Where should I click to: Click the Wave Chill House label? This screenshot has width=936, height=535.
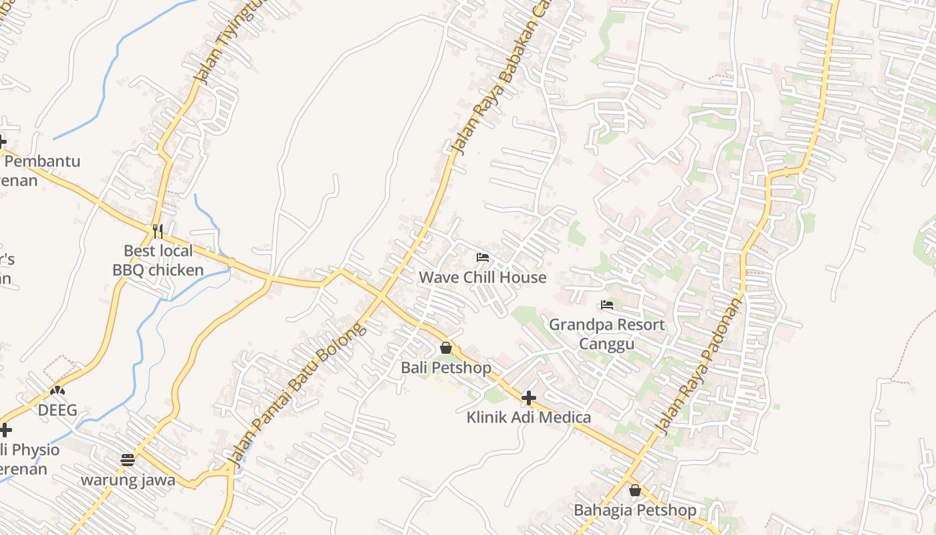(x=482, y=277)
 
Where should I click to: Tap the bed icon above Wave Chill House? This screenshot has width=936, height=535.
(x=482, y=257)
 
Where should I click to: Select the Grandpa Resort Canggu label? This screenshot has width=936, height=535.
(x=606, y=334)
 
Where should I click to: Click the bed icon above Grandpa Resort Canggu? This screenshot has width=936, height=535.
(x=606, y=305)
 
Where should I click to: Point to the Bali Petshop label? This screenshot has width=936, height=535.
(x=445, y=368)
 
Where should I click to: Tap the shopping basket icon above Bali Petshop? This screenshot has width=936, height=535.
(x=445, y=348)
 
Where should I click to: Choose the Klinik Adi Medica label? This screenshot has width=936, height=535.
(x=528, y=417)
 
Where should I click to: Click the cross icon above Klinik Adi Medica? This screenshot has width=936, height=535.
(x=528, y=399)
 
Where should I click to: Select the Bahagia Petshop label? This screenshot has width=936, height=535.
(x=634, y=510)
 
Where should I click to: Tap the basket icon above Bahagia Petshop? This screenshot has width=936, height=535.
(x=634, y=491)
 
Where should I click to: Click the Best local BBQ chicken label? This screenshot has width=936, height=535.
(x=158, y=260)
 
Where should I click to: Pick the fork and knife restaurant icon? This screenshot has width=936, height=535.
(x=158, y=231)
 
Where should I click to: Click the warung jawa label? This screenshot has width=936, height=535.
(x=128, y=480)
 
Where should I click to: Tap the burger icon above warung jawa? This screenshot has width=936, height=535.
(x=128, y=460)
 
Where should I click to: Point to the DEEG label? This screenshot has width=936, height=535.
(x=57, y=410)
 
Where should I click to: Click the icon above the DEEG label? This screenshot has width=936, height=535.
(x=57, y=390)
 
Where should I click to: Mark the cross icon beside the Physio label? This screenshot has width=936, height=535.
(x=5, y=429)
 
